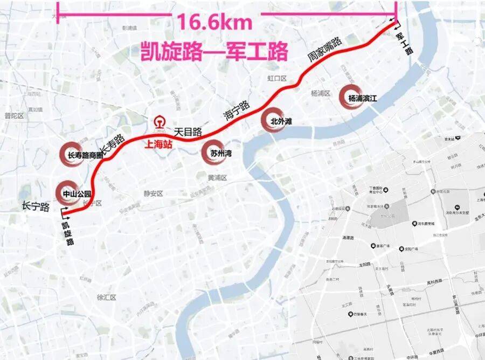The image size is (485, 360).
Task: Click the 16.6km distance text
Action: [x=214, y=23]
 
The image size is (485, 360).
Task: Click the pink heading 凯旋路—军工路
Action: [x=213, y=52]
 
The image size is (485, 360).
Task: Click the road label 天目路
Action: [x=188, y=131]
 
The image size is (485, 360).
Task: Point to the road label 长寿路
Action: [x=113, y=144]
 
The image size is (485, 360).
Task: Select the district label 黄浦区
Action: [x=218, y=177]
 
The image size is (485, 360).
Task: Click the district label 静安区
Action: [x=153, y=193]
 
